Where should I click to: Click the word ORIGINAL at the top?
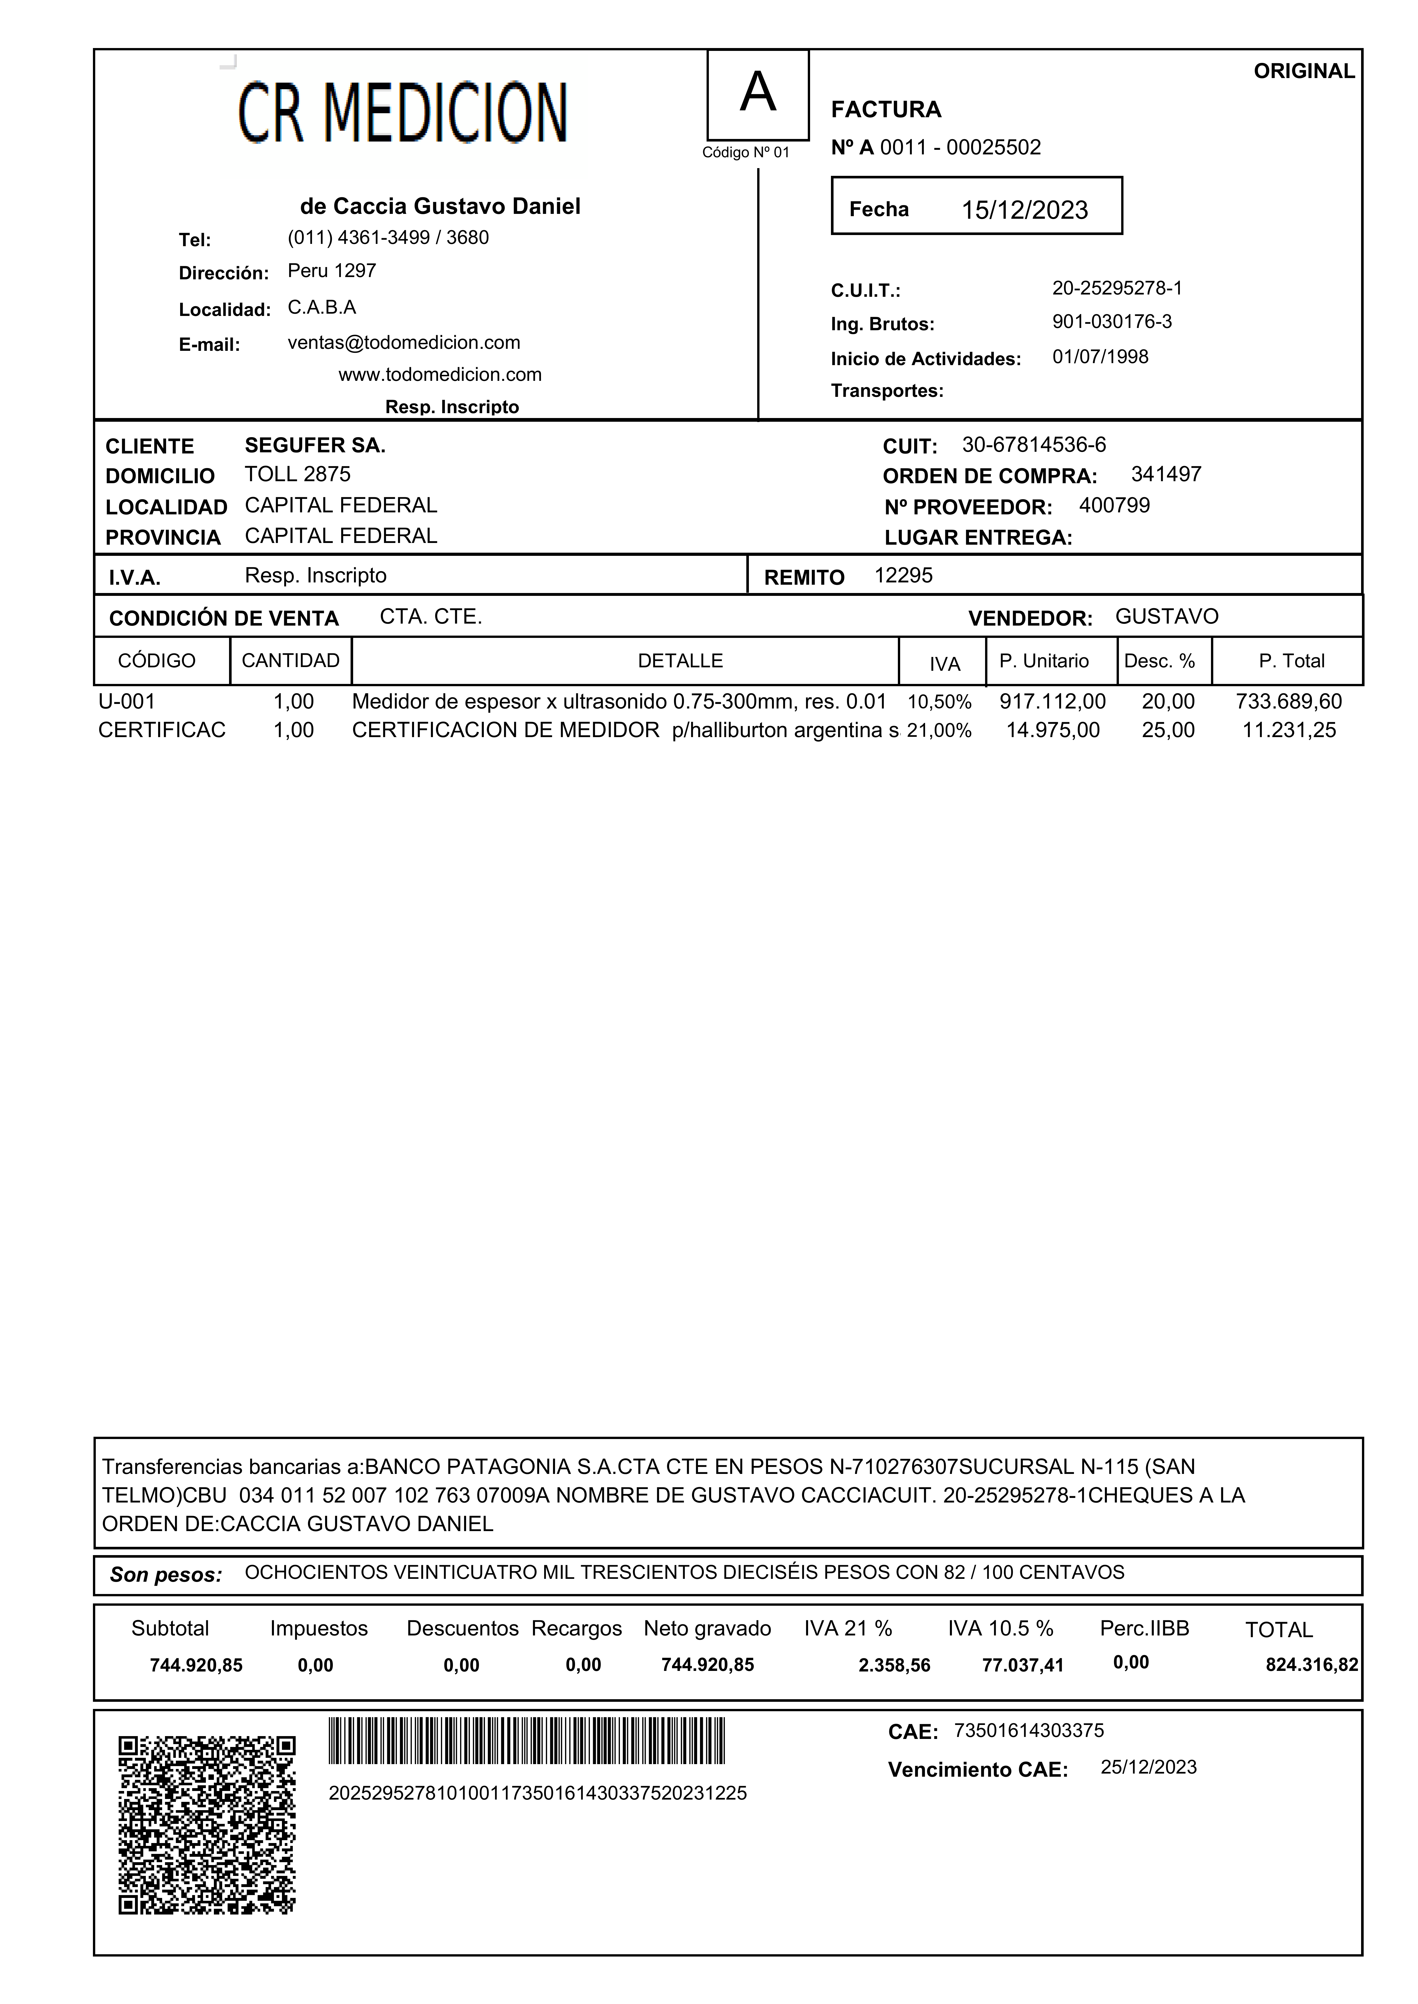click(1304, 71)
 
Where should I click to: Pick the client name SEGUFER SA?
click(314, 446)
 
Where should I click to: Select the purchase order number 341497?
click(1166, 475)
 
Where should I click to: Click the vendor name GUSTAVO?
click(1167, 617)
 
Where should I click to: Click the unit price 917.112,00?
click(1052, 702)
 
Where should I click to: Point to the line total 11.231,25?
click(1289, 731)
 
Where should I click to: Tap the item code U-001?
click(127, 702)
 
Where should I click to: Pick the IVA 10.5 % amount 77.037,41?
click(1023, 1665)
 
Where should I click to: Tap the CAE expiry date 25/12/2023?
click(1148, 1768)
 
